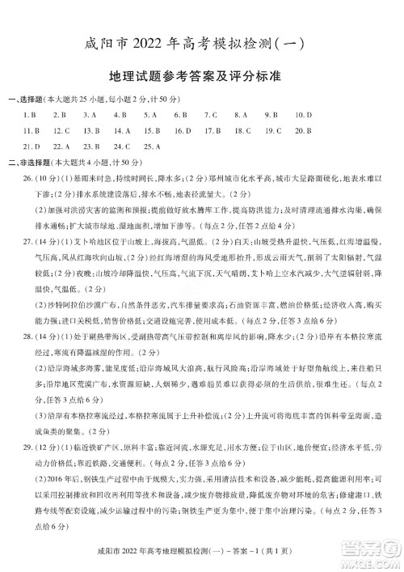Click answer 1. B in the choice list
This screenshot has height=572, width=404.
pyautogui.click(x=33, y=115)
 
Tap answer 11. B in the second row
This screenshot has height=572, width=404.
pyautogui.click(x=33, y=130)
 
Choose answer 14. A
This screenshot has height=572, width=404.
pyautogui.click(x=122, y=130)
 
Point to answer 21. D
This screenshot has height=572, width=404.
pyautogui.click(x=33, y=146)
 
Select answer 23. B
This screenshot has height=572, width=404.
pyautogui.click(x=92, y=146)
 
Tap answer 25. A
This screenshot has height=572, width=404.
pyautogui.click(x=152, y=146)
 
